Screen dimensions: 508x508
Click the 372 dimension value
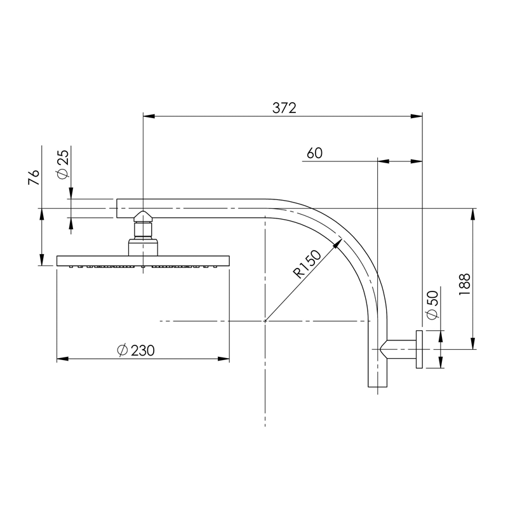pyautogui.click(x=284, y=108)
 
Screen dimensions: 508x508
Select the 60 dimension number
pyautogui.click(x=314, y=153)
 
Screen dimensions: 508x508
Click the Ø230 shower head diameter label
pyautogui.click(x=137, y=350)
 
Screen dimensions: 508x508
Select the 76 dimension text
pyautogui.click(x=34, y=177)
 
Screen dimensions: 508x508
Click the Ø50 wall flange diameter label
pyautogui.click(x=432, y=305)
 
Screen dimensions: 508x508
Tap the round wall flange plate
pyautogui.click(x=420, y=349)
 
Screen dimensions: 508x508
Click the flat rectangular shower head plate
pyautogui.click(x=143, y=260)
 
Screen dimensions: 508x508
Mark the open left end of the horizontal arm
pyautogui.click(x=118, y=208)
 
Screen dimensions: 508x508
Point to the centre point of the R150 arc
pyautogui.click(x=265, y=321)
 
